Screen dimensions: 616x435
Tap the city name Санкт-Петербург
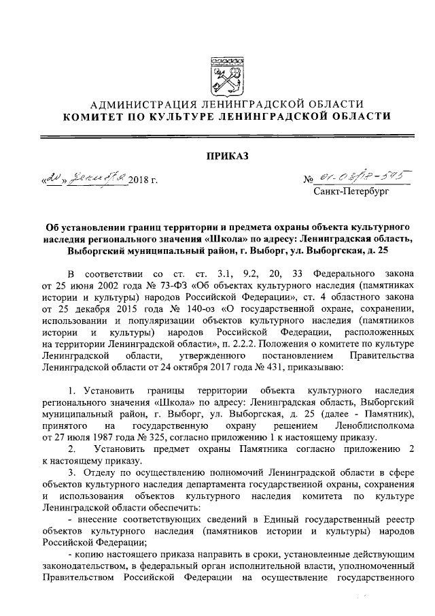click(351, 193)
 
